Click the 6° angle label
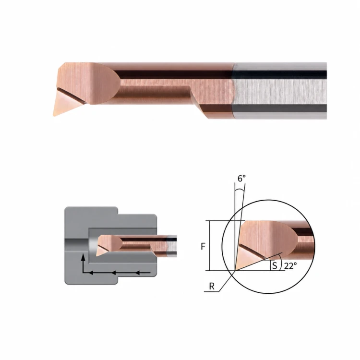click(241, 179)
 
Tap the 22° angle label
click(290, 266)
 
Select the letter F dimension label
click(203, 246)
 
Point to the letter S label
click(275, 265)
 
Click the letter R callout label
click(212, 286)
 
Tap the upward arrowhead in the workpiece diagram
click(83, 257)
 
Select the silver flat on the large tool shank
click(280, 92)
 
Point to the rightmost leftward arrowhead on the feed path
click(137, 273)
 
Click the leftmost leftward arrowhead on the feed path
click(91, 273)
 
